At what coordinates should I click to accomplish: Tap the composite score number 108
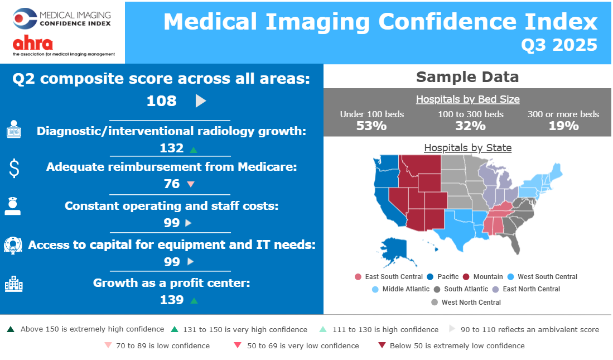pyautogui.click(x=161, y=101)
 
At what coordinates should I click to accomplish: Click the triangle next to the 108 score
pyautogui.click(x=201, y=101)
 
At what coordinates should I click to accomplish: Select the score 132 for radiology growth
pyautogui.click(x=171, y=148)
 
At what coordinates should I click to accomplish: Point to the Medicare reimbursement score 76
pyautogui.click(x=171, y=184)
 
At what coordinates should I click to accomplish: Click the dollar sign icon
pyautogui.click(x=15, y=168)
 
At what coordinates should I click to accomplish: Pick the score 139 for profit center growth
pyautogui.click(x=171, y=300)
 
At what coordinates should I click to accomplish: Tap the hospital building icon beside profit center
pyautogui.click(x=13, y=284)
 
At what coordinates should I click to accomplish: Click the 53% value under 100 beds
pyautogui.click(x=371, y=126)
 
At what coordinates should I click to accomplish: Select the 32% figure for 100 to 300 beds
pyautogui.click(x=470, y=126)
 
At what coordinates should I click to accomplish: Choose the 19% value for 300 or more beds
pyautogui.click(x=563, y=126)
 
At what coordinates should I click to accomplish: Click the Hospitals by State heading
pyautogui.click(x=467, y=148)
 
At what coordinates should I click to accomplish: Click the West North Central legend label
pyautogui.click(x=471, y=303)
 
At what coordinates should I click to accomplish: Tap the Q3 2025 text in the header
pyautogui.click(x=559, y=45)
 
